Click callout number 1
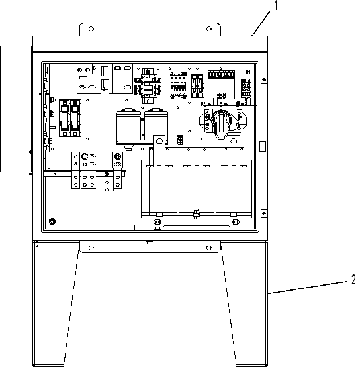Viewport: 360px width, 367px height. pos(277,5)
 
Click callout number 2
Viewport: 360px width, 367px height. pos(353,280)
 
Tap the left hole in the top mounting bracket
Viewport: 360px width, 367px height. pos(91,29)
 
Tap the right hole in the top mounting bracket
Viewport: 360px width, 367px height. pos(209,29)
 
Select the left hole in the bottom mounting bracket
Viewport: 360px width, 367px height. pos(91,248)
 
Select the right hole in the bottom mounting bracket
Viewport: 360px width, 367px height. pos(209,248)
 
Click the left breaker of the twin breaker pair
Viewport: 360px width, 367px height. pos(64,118)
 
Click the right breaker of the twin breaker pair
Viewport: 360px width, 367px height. pos(75,118)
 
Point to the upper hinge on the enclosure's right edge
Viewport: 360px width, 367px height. pos(264,79)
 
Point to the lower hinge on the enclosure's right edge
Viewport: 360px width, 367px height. pos(264,213)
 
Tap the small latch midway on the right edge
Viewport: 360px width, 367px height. pos(263,146)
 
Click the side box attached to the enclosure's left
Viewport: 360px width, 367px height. pos(16,109)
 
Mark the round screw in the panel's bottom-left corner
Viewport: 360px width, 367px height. pos(52,221)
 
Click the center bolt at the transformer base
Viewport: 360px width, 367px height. pos(197,213)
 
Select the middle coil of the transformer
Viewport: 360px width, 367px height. pos(197,189)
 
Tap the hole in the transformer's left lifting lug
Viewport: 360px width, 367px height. pos(159,141)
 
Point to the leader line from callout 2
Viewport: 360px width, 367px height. pos(308,288)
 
